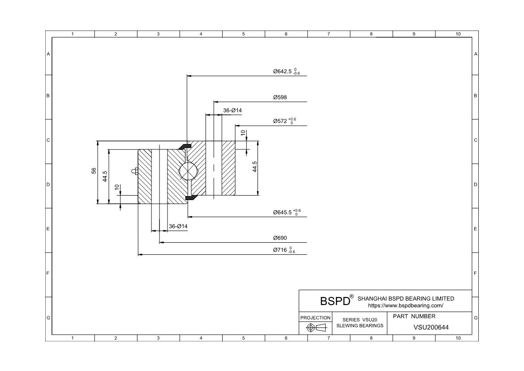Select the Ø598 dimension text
280,97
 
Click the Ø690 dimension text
280,238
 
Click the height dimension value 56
94,170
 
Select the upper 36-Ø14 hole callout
232,110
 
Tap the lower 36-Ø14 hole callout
178,226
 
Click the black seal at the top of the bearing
185,146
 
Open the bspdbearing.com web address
405,306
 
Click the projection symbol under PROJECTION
315,327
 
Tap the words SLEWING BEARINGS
360,325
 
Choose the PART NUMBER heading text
414,316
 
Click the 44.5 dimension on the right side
254,167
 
